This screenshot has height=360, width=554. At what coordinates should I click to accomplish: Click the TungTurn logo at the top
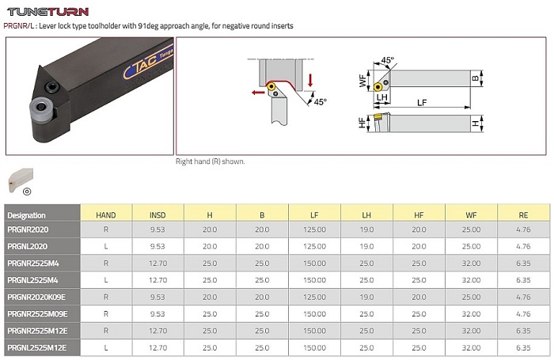coord(47,11)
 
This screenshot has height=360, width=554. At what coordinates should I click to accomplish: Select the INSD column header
coord(157,214)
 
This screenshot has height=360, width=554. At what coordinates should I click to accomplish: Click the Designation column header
coord(26,215)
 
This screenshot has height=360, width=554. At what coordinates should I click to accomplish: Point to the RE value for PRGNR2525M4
coord(522,264)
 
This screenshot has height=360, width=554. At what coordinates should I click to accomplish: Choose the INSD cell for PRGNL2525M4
coord(157,281)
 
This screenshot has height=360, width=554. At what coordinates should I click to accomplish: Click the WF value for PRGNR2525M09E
coord(470,314)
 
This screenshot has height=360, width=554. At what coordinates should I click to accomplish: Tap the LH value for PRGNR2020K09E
coord(366,297)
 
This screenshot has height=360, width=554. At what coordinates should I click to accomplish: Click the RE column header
coord(522,214)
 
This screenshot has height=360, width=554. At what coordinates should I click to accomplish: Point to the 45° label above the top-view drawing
coord(388,60)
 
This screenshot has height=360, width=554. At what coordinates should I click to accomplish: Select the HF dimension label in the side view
coord(362,123)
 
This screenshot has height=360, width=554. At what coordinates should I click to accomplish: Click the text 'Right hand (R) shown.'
coord(210,161)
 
